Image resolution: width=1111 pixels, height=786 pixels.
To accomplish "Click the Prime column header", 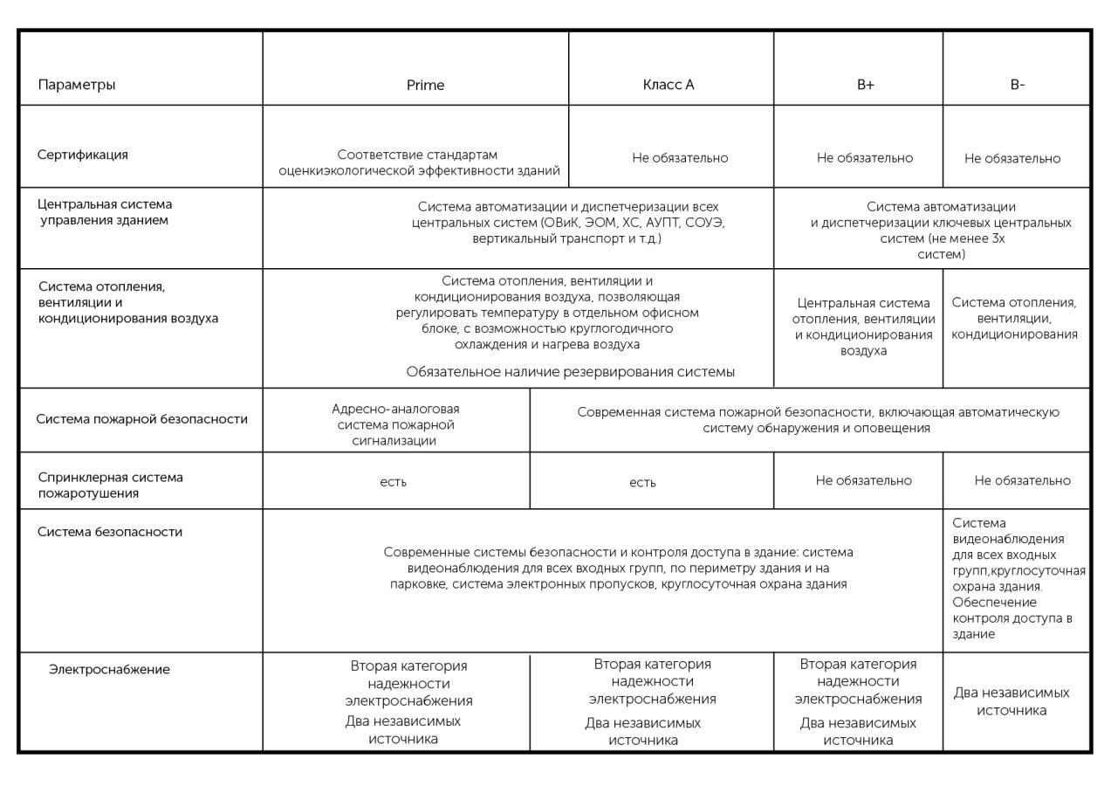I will tap(425, 85).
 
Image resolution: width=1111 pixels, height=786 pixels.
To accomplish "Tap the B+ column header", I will tap(865, 85).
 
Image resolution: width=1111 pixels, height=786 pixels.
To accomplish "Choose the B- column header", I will tap(1017, 85).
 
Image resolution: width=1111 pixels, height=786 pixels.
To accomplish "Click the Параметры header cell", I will tap(77, 85).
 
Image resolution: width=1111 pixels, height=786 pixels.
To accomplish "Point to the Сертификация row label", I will tap(83, 155).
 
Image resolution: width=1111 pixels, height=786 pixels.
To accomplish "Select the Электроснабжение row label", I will tap(109, 670).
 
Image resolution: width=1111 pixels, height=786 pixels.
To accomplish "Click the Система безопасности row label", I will tap(110, 532).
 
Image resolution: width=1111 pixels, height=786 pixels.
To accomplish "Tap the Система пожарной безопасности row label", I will tap(141, 419).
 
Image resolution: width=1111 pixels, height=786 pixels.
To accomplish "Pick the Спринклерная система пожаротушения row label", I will tap(111, 486).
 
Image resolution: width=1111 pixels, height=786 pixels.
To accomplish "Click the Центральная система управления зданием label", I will tap(105, 212).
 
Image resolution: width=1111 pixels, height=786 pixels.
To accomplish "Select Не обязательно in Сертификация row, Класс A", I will tap(680, 158).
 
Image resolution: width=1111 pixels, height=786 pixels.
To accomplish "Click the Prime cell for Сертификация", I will tap(419, 162).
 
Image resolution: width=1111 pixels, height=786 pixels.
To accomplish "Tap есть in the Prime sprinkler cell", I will tap(393, 482).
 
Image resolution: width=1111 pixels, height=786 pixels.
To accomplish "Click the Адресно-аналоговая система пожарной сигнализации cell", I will tap(395, 424).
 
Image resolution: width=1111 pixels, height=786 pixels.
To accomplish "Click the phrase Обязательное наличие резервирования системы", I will tap(570, 372).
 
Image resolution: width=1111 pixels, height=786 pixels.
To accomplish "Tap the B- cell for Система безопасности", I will tap(1018, 578).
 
